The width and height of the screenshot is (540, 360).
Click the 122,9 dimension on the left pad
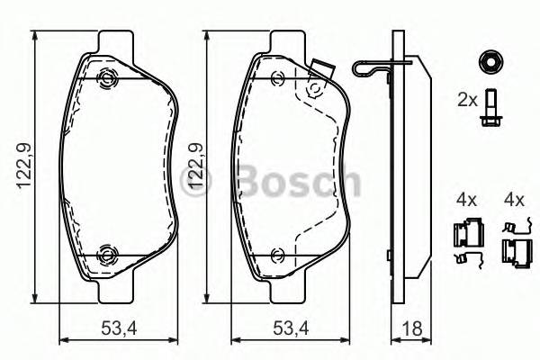coord(25,165)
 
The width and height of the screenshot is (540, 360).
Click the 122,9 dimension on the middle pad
coord(195,166)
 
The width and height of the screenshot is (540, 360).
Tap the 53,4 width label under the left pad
coord(119,328)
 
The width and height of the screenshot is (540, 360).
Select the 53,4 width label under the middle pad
coord(291,328)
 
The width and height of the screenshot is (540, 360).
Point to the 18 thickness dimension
coord(412,328)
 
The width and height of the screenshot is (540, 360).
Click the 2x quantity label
coord(467,100)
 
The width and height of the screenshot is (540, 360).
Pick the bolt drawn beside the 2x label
coord(490,108)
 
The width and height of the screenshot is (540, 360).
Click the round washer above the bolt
coord(490,62)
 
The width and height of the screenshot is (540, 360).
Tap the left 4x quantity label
coord(466,200)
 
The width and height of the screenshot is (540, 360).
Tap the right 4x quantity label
coord(514,200)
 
